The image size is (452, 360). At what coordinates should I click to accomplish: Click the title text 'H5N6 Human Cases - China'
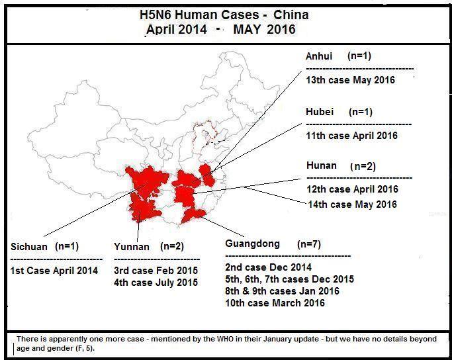pyautogui.click(x=224, y=15)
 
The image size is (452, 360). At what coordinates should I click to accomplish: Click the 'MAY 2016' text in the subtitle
pyautogui.click(x=264, y=30)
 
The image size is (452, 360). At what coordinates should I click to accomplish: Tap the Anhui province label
pyautogui.click(x=320, y=57)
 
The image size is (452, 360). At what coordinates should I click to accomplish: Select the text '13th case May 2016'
pyautogui.click(x=350, y=80)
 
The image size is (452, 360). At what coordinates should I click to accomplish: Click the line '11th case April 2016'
pyautogui.click(x=351, y=136)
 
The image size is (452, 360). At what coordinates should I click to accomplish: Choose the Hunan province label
pyautogui.click(x=321, y=165)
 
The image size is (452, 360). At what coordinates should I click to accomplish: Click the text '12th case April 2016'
pyautogui.click(x=352, y=189)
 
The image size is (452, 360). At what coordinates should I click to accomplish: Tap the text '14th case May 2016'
pyautogui.click(x=352, y=204)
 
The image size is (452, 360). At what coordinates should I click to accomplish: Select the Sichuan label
pyautogui.click(x=29, y=247)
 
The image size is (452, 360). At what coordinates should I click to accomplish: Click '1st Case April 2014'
pyautogui.click(x=54, y=270)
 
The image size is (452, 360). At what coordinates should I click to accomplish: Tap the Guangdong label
pyautogui.click(x=252, y=244)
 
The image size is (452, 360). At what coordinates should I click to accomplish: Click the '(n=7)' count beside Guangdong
pyautogui.click(x=308, y=244)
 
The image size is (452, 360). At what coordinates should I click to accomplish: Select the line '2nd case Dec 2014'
pyautogui.click(x=267, y=267)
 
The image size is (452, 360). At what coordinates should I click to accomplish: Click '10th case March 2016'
pyautogui.click(x=275, y=303)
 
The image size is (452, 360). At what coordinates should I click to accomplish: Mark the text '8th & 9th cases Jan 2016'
pyautogui.click(x=282, y=291)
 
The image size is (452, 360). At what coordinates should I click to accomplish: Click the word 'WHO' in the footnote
pyautogui.click(x=222, y=339)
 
